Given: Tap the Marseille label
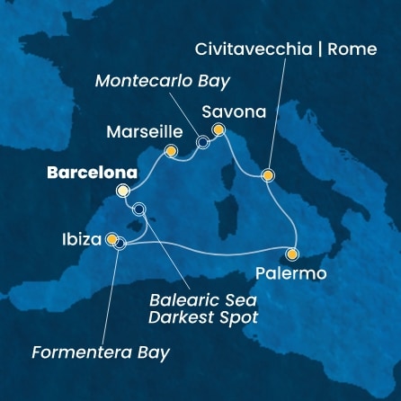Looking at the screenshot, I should point(139,130).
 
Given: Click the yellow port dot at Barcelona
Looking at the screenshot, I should point(122,191).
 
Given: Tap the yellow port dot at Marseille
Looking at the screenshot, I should point(171,151).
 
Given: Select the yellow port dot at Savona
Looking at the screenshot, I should point(218,130).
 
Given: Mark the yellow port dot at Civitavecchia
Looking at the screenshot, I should point(267,174).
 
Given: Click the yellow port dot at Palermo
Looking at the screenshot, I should point(293,254).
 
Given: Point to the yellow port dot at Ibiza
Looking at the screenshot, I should point(111,240).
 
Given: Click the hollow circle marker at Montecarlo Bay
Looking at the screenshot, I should point(202,141).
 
